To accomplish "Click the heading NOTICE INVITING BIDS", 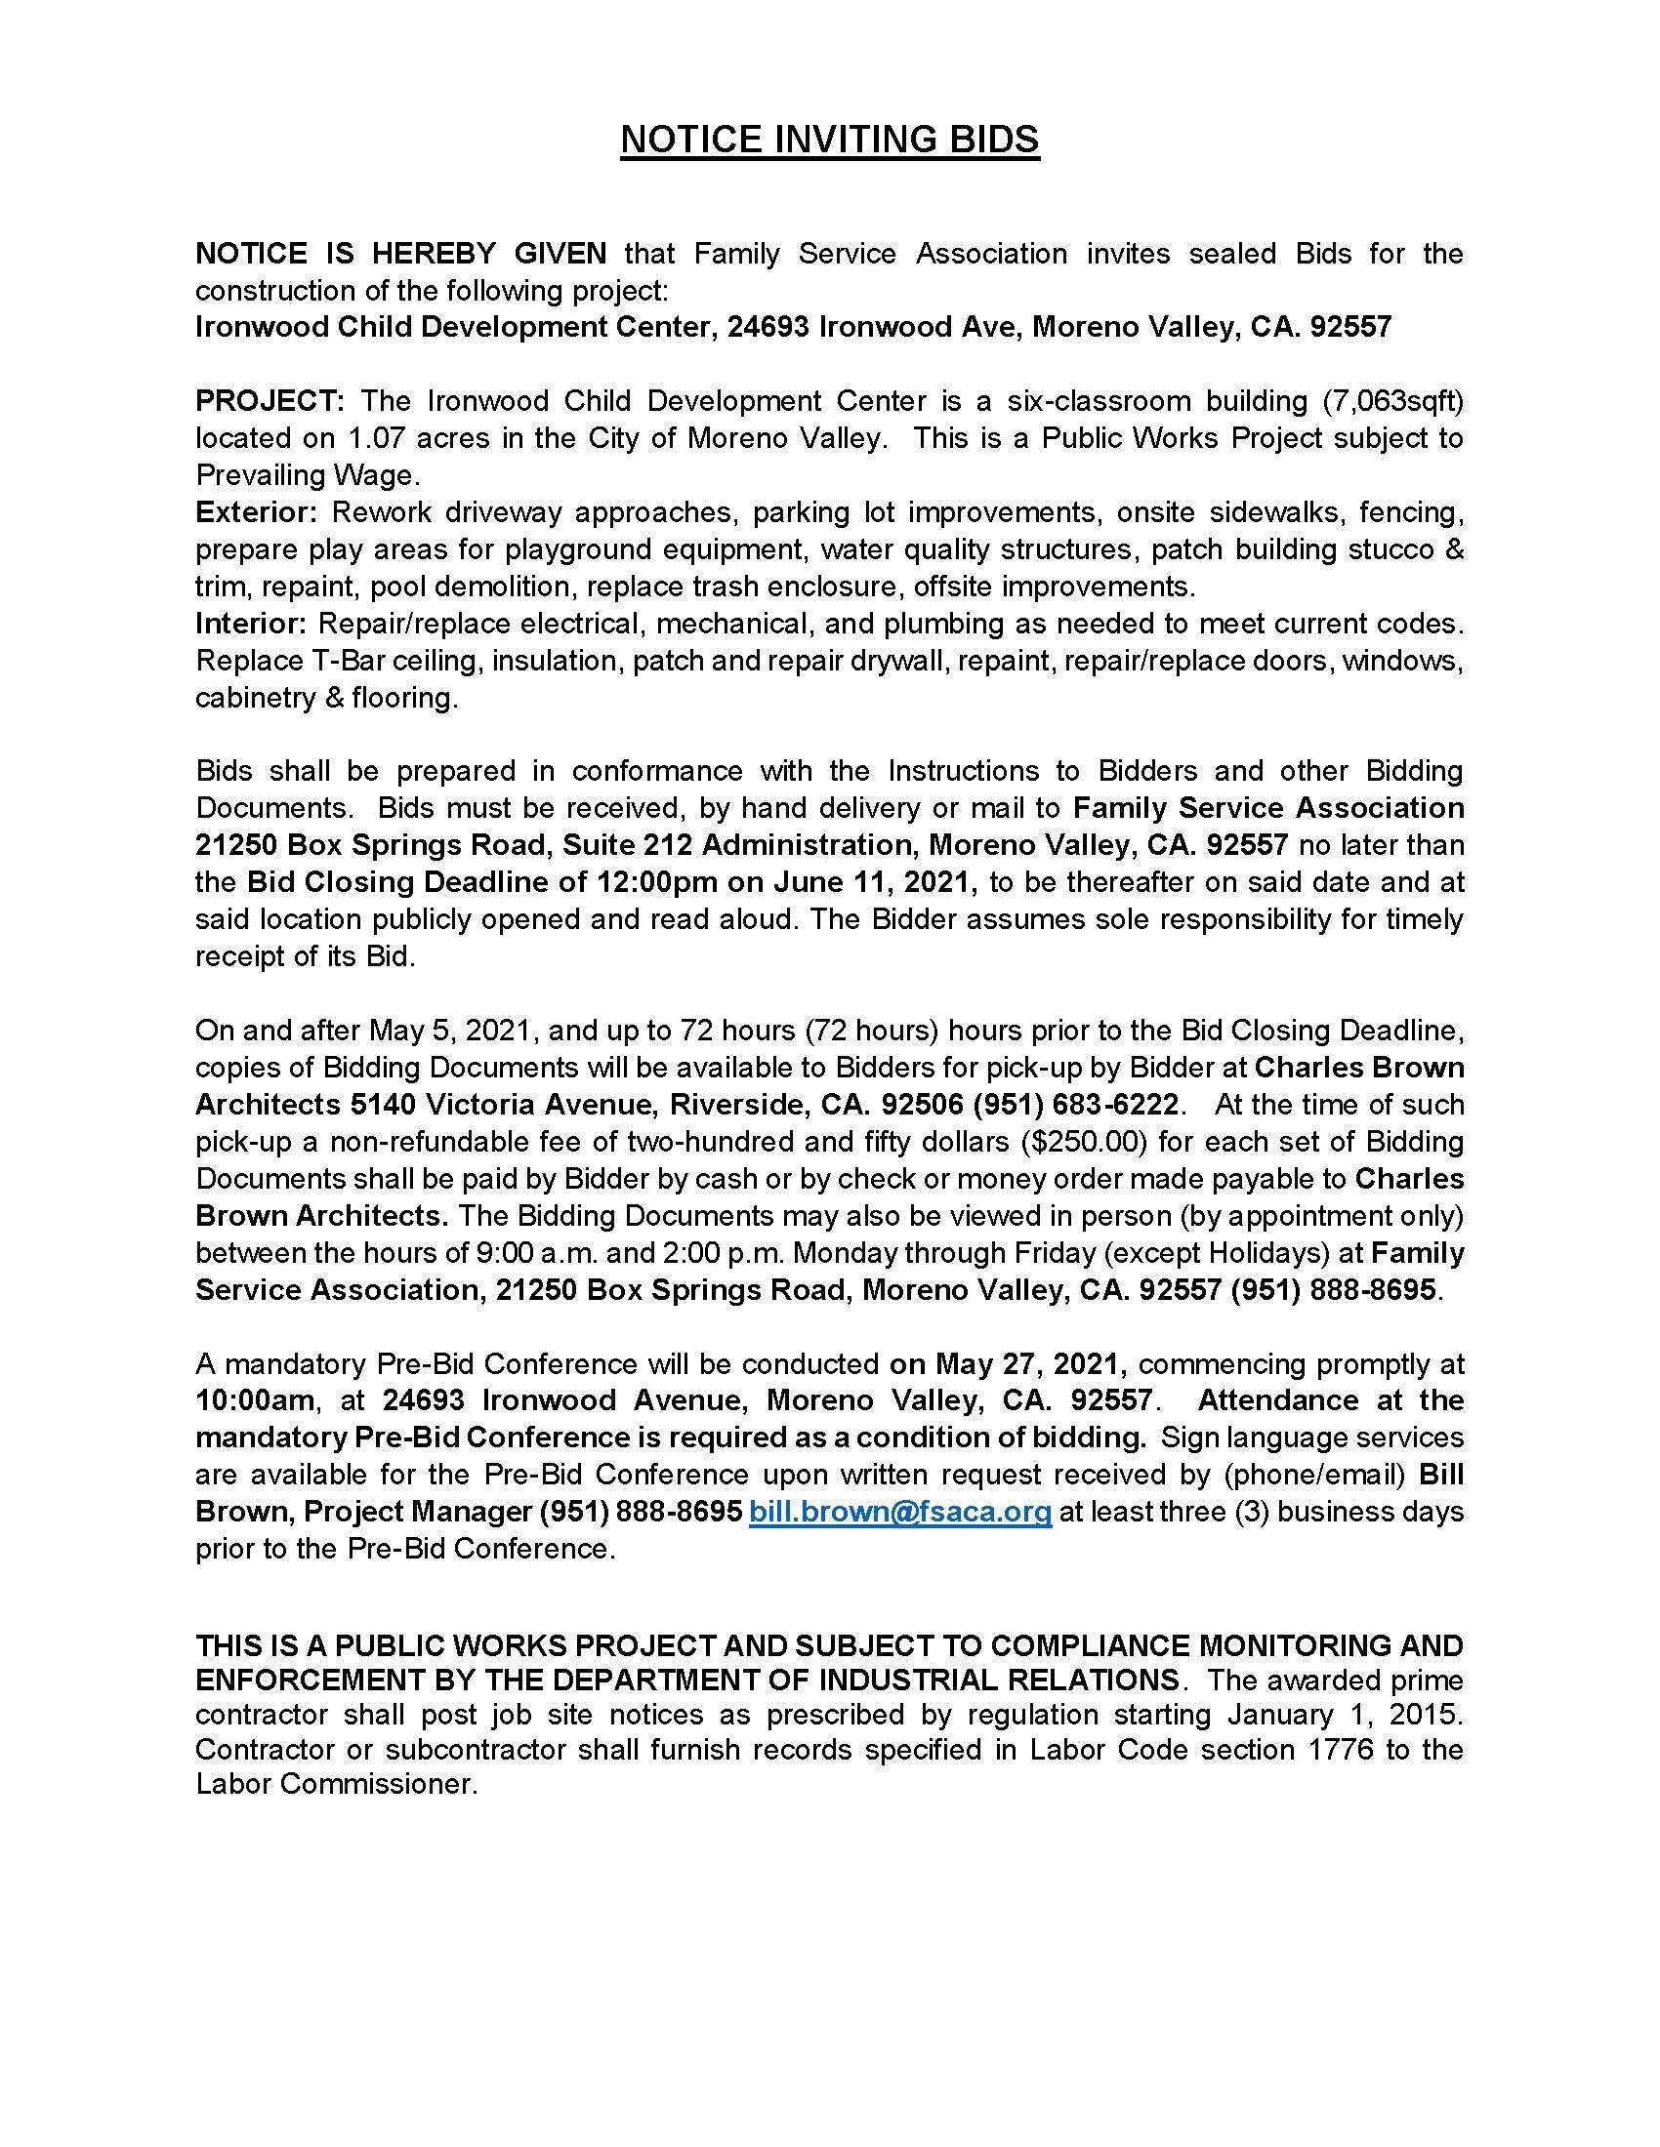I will pyautogui.click(x=829, y=141).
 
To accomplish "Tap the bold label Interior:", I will pyautogui.click(x=253, y=624).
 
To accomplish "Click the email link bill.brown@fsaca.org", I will pyautogui.click(x=900, y=1511).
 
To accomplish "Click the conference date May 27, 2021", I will pyautogui.click(x=1026, y=1363).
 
